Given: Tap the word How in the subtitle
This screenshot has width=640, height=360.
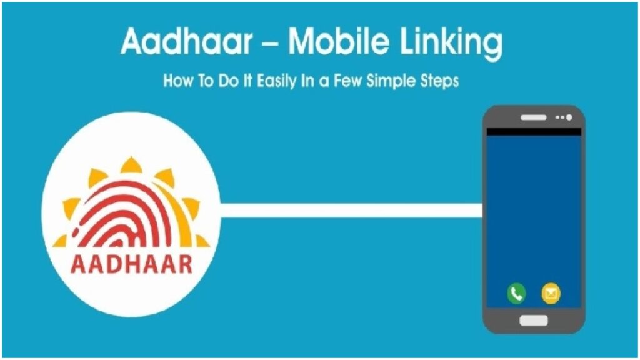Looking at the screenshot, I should (x=176, y=81).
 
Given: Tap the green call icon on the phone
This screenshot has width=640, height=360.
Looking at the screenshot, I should (x=516, y=292).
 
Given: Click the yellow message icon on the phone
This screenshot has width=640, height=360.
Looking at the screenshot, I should (x=551, y=292).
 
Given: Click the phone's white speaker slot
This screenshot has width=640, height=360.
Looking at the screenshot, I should (x=533, y=117).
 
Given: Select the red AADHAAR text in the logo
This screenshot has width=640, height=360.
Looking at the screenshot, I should (x=131, y=264).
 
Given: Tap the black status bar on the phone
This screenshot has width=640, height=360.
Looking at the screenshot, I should (x=534, y=132).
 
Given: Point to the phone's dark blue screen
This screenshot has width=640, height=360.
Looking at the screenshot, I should (x=534, y=212).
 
